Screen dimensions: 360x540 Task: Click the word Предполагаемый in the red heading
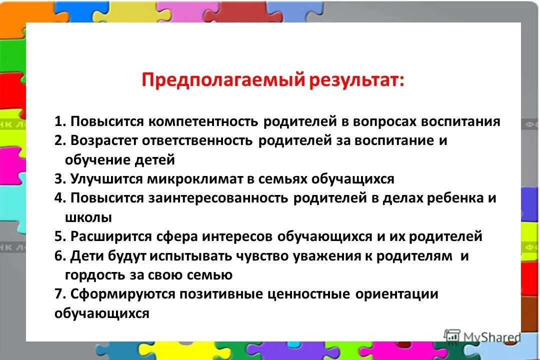click(x=222, y=80)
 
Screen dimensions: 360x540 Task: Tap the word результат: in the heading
click(x=357, y=80)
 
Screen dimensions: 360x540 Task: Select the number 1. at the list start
click(x=60, y=121)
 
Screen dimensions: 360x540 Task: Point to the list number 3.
click(x=60, y=179)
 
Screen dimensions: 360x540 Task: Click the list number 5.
click(x=60, y=236)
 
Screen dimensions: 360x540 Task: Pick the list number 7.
click(x=60, y=294)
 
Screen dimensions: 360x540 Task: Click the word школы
click(x=88, y=217)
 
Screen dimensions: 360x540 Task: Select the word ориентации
click(x=396, y=294)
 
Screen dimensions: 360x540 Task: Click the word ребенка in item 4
click(x=453, y=198)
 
